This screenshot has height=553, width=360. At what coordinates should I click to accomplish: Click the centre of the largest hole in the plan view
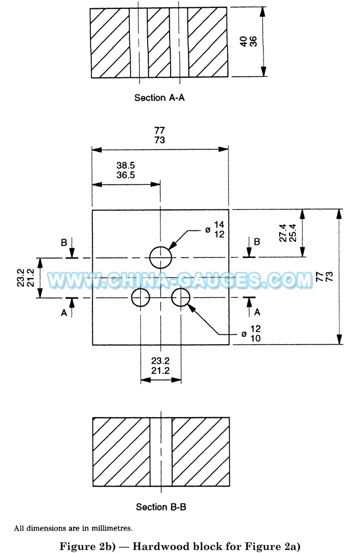161,257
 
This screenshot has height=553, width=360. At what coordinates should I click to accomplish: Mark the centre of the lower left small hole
140,298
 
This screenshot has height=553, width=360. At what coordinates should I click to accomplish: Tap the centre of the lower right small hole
181,298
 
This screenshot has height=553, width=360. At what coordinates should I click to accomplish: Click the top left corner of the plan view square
92,210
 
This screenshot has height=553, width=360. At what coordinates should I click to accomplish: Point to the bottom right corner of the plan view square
229,345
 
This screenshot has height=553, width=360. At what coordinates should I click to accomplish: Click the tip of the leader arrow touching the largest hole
169,249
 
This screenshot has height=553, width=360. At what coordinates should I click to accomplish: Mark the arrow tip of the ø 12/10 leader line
188,304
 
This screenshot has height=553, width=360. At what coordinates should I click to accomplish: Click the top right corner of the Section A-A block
227,8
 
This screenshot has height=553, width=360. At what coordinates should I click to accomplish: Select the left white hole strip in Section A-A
138,43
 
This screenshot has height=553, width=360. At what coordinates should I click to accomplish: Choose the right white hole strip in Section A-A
178,43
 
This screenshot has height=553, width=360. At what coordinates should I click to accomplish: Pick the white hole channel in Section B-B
161,452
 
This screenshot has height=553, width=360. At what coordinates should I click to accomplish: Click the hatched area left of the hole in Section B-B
122,452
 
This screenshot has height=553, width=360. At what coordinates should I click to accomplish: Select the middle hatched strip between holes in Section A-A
159,43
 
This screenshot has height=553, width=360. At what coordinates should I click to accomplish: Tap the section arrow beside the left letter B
72,248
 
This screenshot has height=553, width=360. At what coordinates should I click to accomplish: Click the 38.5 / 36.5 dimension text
126,170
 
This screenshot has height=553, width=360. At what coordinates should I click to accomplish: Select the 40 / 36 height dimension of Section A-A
249,42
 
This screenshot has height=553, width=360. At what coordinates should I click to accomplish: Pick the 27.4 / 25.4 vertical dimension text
288,233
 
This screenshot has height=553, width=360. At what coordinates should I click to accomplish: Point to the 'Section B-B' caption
161,507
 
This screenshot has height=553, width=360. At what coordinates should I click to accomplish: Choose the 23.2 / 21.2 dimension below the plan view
161,366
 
